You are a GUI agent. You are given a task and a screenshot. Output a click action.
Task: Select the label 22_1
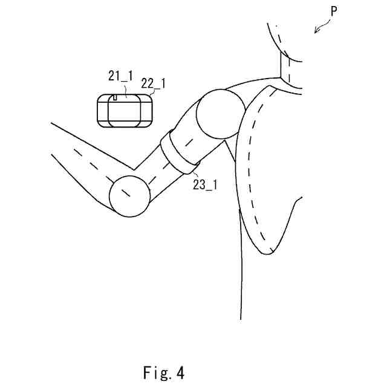[153, 82]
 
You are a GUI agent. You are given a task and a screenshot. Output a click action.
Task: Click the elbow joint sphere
[130, 196]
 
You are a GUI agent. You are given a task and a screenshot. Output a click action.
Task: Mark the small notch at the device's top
[115, 97]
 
